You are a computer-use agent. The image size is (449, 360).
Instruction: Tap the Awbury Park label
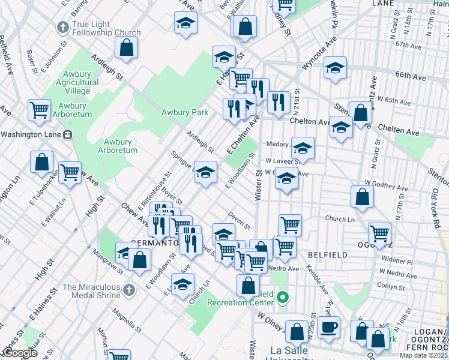click(x=184, y=112)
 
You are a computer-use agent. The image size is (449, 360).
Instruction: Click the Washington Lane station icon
click(x=68, y=134)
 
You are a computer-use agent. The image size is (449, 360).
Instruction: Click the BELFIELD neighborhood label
click(x=327, y=255)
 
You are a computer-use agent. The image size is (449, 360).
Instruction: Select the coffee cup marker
click(x=328, y=328)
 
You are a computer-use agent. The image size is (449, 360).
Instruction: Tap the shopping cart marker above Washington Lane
click(x=39, y=110)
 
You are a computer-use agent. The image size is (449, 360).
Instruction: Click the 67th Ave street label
click(x=410, y=45)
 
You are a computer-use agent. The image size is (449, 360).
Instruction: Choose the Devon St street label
click(x=239, y=220)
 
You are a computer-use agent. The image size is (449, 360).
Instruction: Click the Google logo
click(x=20, y=353)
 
